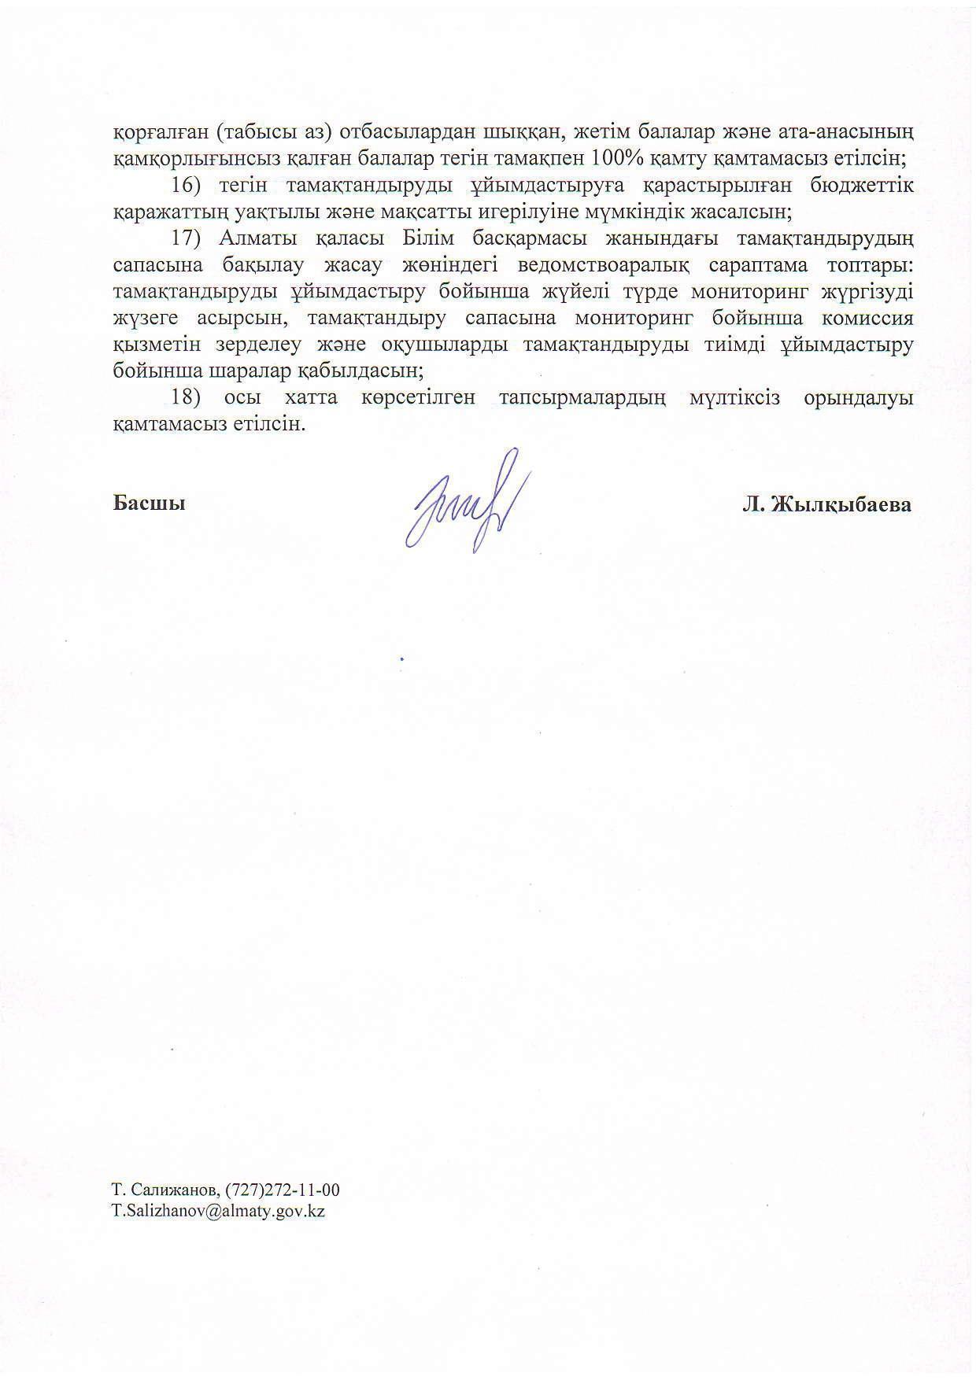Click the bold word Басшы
coord(150,504)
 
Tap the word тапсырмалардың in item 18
coord(582,398)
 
